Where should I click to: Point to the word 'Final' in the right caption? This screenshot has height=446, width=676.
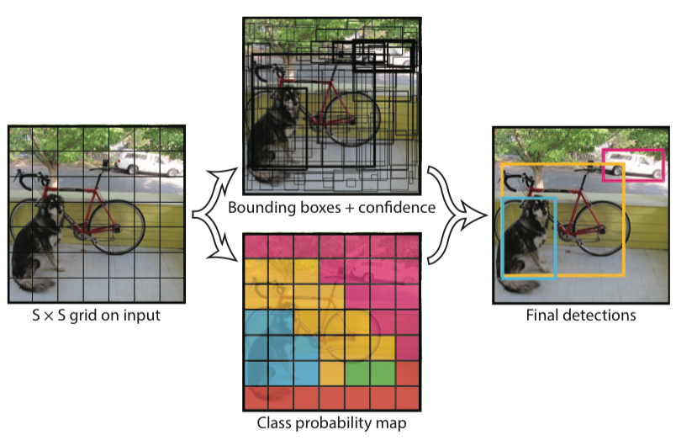tap(543, 316)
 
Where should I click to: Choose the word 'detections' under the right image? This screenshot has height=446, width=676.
tap(599, 316)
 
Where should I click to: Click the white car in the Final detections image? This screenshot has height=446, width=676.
tap(630, 165)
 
